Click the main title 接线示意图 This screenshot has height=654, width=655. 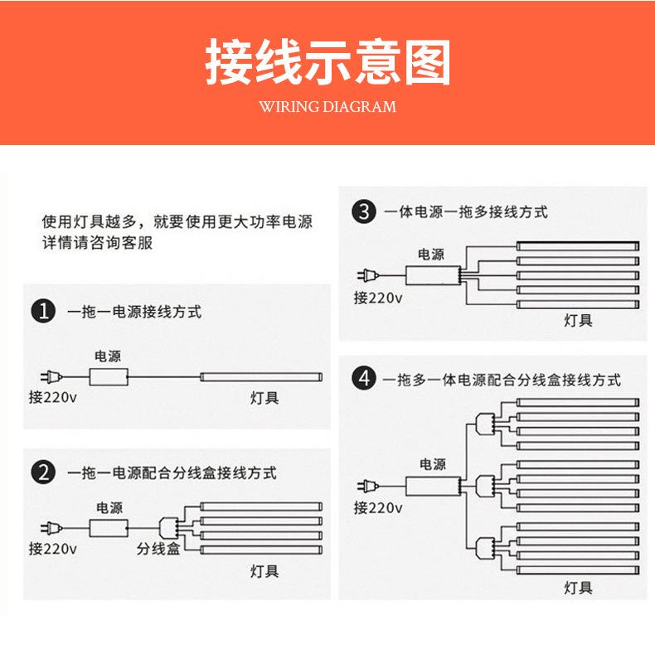pos(327,62)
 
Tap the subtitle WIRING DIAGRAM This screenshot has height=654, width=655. pos(327,107)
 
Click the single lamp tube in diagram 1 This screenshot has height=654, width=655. pos(260,377)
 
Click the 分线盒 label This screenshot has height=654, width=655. pos(158,549)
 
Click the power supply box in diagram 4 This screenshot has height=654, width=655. pos(431,484)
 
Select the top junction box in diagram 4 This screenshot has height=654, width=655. pos(486,423)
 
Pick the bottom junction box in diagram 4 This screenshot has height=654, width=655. pos(486,545)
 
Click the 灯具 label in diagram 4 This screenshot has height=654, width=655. pos(578,588)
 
